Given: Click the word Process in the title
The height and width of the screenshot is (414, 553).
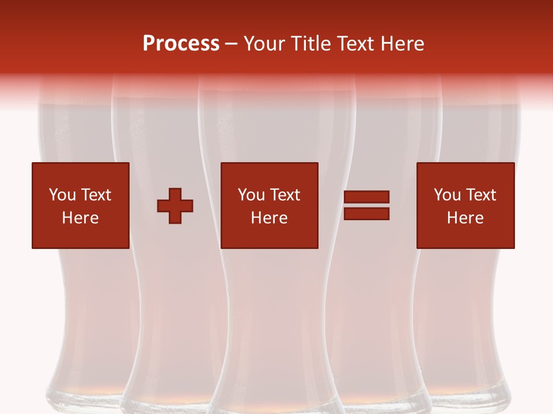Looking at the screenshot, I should click(181, 44).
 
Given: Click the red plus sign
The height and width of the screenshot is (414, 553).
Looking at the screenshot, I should click(175, 206).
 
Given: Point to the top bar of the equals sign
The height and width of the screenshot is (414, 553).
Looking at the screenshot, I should click(366, 197).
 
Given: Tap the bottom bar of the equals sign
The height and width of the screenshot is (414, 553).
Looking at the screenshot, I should click(366, 213).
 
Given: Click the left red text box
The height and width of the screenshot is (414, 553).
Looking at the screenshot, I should click(80, 205).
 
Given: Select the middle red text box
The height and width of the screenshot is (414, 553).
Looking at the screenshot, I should click(269, 205).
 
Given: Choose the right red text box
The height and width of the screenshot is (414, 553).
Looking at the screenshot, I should click(465, 205).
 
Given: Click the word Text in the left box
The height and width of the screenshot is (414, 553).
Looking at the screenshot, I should click(96, 195).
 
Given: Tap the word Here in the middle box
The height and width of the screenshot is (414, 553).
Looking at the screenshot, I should click(269, 218).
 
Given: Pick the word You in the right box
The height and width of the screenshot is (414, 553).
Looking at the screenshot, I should click(448, 195).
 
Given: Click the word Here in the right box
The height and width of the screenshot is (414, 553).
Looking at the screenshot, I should click(465, 218).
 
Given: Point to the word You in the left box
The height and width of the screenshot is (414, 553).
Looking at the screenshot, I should click(62, 195).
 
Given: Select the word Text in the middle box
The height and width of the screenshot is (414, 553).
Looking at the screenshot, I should click(285, 195).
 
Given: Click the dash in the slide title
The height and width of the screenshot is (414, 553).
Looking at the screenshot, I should click(232, 44).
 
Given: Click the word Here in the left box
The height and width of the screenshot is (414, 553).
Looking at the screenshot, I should click(80, 218).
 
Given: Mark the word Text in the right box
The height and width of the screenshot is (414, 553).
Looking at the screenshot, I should click(481, 195).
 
